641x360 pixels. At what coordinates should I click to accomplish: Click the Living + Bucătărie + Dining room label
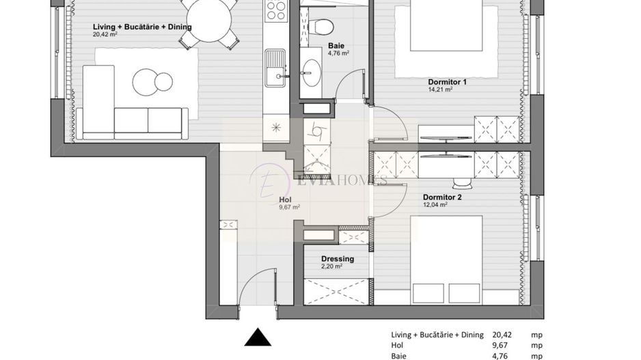[x=142, y=27]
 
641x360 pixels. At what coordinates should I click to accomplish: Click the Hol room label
[x=286, y=199]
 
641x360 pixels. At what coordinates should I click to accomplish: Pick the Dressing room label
[x=338, y=259]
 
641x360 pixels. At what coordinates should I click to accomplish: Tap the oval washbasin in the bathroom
[x=314, y=70]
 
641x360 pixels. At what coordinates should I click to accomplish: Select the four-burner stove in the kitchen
[x=275, y=10]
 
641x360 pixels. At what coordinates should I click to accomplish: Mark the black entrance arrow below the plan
[x=258, y=339]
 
